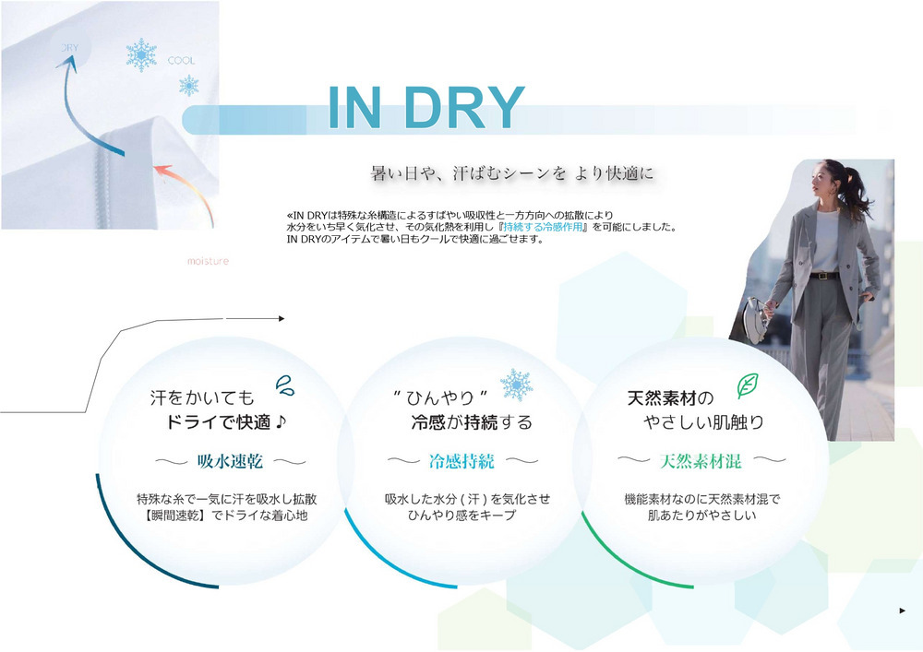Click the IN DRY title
point(426,108)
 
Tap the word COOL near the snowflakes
point(181,61)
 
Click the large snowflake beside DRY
point(141,55)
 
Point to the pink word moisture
point(208,261)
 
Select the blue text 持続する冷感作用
point(543,227)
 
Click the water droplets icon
point(285,385)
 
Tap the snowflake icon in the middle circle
point(516,385)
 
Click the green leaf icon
point(748,385)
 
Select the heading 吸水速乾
point(230,461)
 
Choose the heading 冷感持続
point(461,461)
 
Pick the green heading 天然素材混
point(701,461)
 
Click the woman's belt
point(824,275)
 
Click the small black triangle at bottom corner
point(903,611)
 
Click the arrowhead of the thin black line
point(282,319)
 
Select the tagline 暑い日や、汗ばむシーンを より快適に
point(512,173)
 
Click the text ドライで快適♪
point(226,422)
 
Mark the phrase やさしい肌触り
point(704,422)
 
